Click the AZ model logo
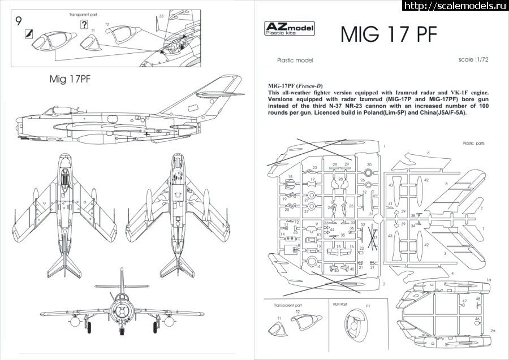290,29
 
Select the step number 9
19,23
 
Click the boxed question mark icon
84,24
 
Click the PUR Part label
339,305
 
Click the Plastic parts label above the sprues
473,144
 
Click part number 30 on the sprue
369,165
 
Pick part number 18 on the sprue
290,176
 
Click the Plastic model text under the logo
295,60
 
